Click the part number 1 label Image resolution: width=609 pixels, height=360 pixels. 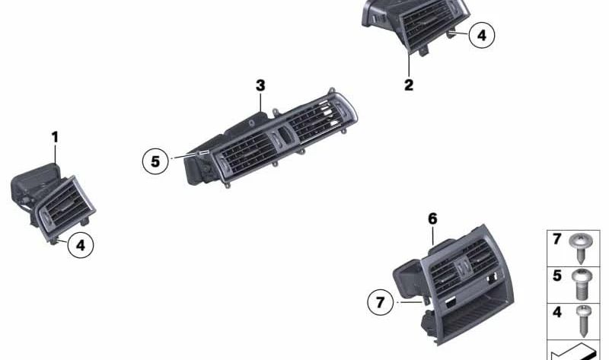[x=55, y=137]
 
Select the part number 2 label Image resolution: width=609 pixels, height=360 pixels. [x=409, y=85]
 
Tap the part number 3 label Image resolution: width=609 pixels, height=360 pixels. [x=260, y=85]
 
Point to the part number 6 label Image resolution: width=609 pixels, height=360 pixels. [x=432, y=219]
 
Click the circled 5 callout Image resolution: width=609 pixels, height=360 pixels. [x=155, y=161]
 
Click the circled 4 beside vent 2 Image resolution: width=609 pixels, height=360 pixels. [x=481, y=35]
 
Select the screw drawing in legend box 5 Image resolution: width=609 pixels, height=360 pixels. [x=585, y=284]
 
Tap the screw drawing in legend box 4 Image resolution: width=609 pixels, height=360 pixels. [x=585, y=320]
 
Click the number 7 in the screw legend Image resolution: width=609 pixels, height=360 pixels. [x=557, y=240]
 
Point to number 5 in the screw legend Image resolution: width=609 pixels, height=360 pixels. [x=557, y=276]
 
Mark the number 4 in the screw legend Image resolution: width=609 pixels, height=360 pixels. [x=557, y=312]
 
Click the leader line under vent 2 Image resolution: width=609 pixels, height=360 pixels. [x=409, y=64]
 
